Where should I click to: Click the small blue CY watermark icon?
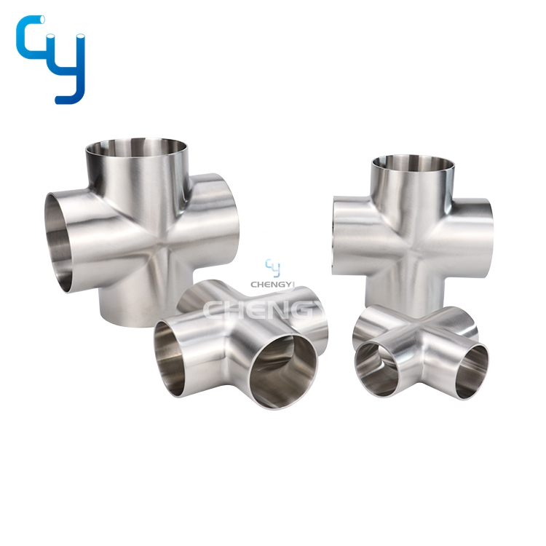click(x=273, y=268)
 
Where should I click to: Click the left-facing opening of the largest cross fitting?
click(x=58, y=242)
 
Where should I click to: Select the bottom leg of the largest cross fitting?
click(x=136, y=310)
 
